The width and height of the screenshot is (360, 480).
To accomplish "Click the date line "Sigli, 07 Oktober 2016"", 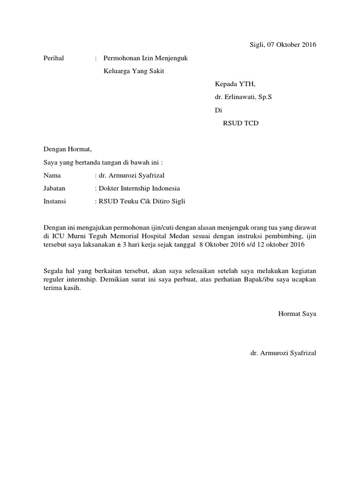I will click(x=282, y=45).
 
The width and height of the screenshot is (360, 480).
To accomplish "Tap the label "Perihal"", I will click(x=53, y=58).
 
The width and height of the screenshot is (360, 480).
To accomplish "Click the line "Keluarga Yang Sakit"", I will click(x=134, y=71).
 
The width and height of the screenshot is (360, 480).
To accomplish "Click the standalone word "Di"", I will click(x=217, y=110).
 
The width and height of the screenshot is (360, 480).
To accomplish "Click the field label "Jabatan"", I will click(x=54, y=188).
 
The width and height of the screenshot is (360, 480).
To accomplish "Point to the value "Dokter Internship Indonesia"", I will click(x=139, y=188).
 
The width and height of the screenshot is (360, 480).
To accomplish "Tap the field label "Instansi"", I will click(x=54, y=202).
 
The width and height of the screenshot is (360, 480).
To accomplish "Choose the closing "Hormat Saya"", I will click(x=297, y=314).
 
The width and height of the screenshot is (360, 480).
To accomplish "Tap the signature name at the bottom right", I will click(x=283, y=352).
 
